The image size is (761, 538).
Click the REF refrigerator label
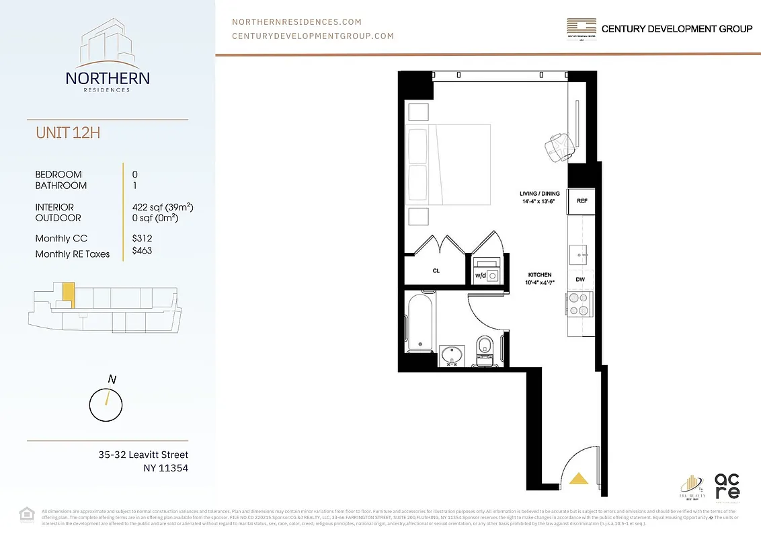click(x=582, y=200)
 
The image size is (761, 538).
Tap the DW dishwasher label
click(x=579, y=279)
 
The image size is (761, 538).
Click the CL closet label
click(x=436, y=271)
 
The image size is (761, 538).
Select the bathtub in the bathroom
click(x=421, y=323)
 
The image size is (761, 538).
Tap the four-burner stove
click(x=579, y=303)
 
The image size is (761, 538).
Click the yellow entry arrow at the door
click(x=579, y=478)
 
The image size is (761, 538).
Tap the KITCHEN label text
click(x=539, y=275)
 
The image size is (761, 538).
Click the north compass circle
click(x=106, y=404)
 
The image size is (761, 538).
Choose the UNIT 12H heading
click(x=68, y=132)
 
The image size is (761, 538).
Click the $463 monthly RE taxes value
click(x=143, y=251)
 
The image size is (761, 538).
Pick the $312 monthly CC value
click(x=143, y=238)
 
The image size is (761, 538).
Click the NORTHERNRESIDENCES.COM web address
click(x=296, y=22)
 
